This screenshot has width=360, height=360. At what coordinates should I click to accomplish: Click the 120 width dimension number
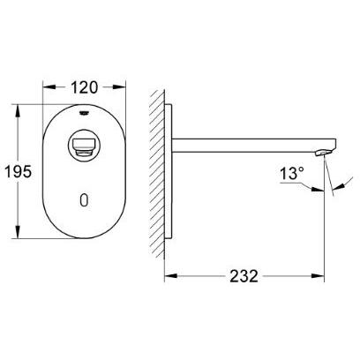point(85,87)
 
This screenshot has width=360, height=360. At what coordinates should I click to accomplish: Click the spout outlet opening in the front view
point(84,144)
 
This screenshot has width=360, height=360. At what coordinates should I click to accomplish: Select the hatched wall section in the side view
point(156,168)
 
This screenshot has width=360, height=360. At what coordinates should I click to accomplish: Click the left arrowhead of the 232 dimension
point(169,275)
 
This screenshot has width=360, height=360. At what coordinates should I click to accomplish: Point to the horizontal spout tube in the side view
point(247,145)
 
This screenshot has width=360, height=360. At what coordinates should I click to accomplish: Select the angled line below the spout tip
point(332,181)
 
